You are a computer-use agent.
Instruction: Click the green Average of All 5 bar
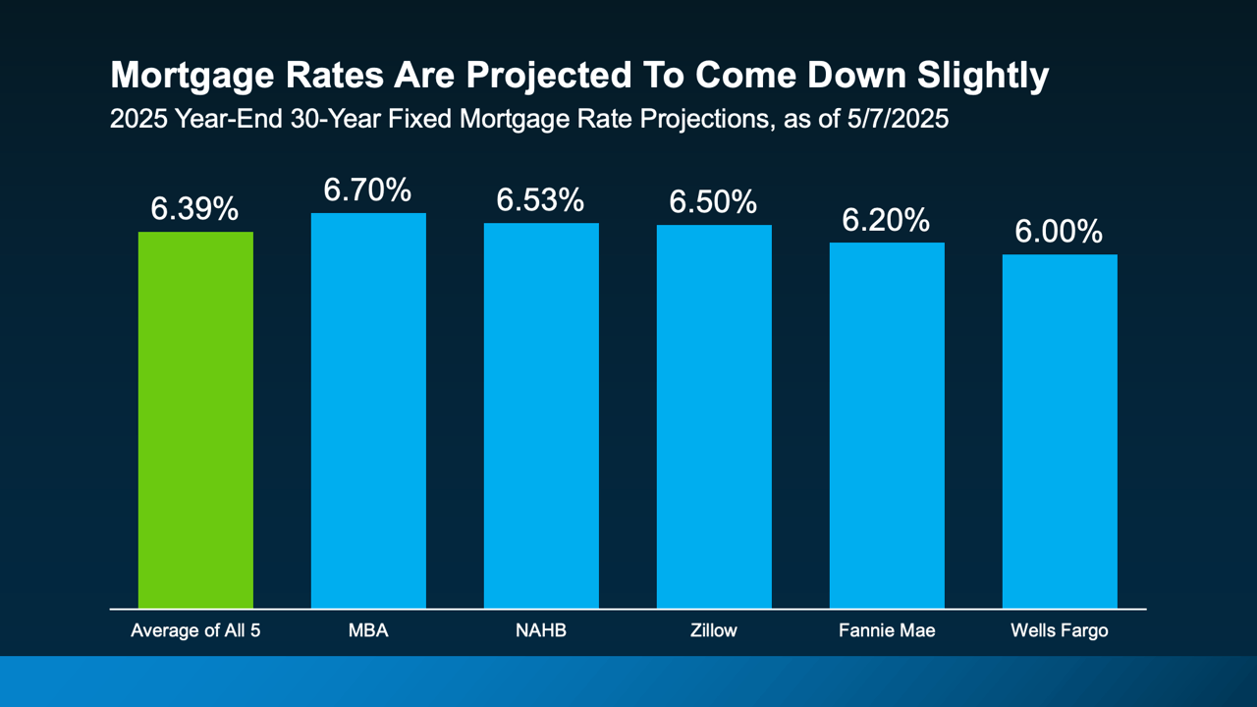[195, 420]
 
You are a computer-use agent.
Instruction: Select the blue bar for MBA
[368, 410]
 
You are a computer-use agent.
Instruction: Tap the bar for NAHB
[541, 415]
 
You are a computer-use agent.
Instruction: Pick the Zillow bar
[714, 416]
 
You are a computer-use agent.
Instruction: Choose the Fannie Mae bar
[887, 425]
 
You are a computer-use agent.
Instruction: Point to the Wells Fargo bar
[1060, 431]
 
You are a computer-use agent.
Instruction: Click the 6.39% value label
[194, 208]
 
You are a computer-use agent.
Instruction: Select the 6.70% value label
[367, 190]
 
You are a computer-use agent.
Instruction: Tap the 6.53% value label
[540, 200]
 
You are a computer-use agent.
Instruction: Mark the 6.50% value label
[713, 202]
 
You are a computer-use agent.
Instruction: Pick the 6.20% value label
[886, 220]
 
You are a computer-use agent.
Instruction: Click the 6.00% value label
[1059, 232]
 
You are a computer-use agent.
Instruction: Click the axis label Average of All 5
[195, 630]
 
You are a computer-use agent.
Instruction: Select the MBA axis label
[368, 630]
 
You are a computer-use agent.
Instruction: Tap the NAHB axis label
[541, 630]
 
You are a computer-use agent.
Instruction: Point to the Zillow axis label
[714, 630]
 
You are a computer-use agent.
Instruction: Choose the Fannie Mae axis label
[887, 630]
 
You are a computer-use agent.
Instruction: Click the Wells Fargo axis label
[1060, 630]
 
